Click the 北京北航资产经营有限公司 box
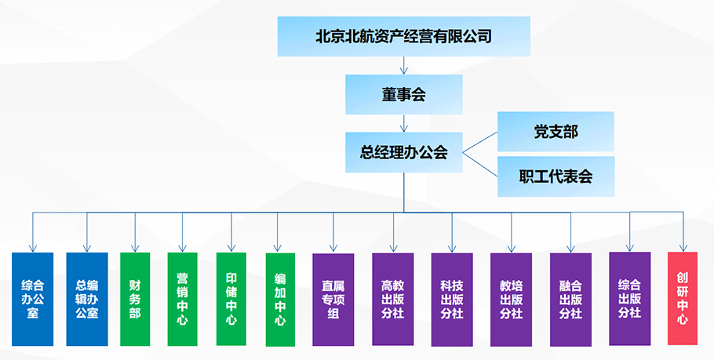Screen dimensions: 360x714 (x=403, y=36)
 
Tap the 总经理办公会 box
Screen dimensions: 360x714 (x=403, y=152)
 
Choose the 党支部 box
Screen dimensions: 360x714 (x=556, y=131)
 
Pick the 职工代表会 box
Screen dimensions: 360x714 (x=556, y=176)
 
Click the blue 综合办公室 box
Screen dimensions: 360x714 (x=32, y=299)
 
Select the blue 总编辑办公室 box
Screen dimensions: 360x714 (x=87, y=299)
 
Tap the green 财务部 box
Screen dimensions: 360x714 (x=135, y=299)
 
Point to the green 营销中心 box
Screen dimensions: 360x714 (x=183, y=299)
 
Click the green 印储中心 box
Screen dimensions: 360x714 (x=231, y=299)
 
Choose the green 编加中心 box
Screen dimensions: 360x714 (x=280, y=299)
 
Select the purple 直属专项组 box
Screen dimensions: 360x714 (x=333, y=299)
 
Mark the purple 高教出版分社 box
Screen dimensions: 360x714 (x=393, y=299)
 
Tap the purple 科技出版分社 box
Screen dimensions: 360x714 (x=452, y=299)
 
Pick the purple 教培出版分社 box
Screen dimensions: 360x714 (x=511, y=299)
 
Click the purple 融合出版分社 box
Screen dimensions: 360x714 (x=570, y=299)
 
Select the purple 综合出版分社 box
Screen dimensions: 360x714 (x=629, y=298)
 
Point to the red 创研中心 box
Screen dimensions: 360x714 (x=682, y=298)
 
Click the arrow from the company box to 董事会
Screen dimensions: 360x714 (x=404, y=65)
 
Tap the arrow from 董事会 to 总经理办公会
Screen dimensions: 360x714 (x=404, y=123)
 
